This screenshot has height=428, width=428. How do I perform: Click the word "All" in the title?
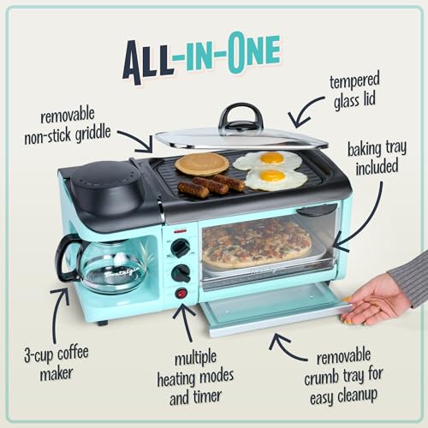point(151,59)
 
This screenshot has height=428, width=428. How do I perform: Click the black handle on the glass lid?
point(241,117)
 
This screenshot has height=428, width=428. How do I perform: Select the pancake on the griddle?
point(201,163)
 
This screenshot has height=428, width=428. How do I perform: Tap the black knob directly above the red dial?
point(181,273)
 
